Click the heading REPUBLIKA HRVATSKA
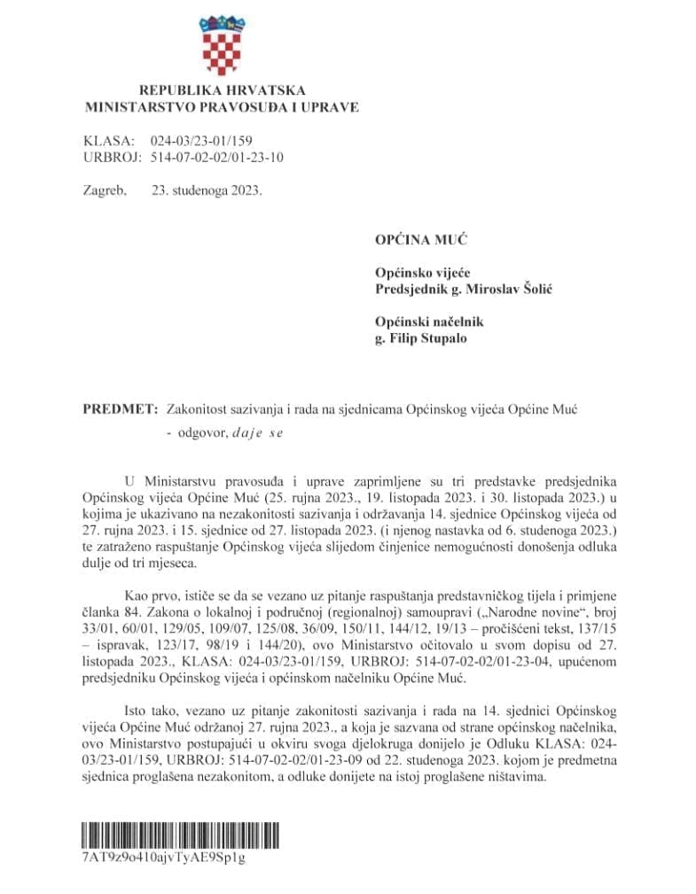[222, 90]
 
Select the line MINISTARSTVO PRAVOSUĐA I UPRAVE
[222, 107]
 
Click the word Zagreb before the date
[105, 190]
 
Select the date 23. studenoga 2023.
[207, 190]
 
